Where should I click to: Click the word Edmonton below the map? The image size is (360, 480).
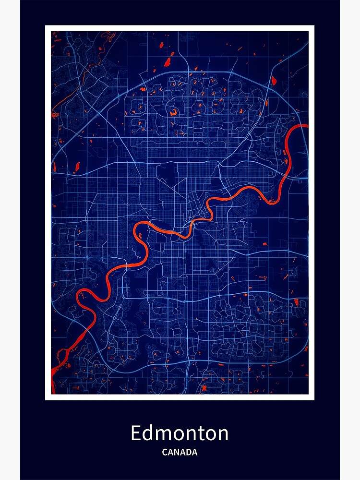coord(180,433)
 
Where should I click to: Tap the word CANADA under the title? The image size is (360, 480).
coord(180,452)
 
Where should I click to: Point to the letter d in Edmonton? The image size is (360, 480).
coord(149,433)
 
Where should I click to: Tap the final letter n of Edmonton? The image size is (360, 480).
coord(222,434)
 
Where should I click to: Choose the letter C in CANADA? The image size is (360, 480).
coord(165,452)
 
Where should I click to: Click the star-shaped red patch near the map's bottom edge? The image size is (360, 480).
coord(204,388)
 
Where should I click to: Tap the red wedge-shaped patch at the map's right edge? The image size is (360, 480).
coord(296,302)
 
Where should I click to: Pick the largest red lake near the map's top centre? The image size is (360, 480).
coord(168,62)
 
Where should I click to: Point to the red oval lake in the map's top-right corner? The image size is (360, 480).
coord(274,81)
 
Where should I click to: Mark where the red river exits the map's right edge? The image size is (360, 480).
coord(305,126)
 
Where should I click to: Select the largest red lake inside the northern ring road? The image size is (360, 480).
coord(172,112)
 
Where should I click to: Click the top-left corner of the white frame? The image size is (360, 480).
coord(46,26)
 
